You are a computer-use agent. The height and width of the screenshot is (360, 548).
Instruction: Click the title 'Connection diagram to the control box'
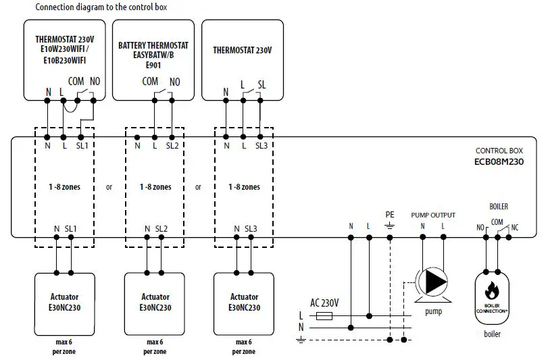pos(101,7)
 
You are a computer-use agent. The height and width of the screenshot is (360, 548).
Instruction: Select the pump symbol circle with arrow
pos(433,281)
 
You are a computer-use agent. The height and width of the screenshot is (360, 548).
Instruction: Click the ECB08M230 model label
pos(499,162)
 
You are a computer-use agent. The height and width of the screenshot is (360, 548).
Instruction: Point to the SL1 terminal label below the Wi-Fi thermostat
pos(81,145)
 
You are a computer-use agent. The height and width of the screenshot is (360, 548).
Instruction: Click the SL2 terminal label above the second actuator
pos(161,229)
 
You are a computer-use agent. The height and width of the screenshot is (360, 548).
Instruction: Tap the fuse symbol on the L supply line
pos(325,315)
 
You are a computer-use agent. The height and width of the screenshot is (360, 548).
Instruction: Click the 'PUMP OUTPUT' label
pos(433,215)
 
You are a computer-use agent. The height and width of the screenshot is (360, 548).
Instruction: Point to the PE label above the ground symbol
pos(390,214)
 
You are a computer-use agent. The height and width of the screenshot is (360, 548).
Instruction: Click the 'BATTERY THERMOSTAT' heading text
pos(153,46)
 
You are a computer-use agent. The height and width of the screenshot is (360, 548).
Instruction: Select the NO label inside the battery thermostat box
pos(174,82)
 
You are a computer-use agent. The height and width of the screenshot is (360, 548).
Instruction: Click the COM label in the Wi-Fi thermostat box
pos(76,81)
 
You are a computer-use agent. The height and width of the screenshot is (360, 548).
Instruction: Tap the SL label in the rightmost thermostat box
pos(261,85)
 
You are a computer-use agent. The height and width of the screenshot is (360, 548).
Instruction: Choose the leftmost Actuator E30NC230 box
pos(64,301)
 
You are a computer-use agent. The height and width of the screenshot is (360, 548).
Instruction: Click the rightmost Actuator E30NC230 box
pos(244,301)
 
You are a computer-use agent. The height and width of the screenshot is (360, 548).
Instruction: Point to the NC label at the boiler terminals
pos(516,228)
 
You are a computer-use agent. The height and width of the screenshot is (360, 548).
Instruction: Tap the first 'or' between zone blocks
pos(109,187)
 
